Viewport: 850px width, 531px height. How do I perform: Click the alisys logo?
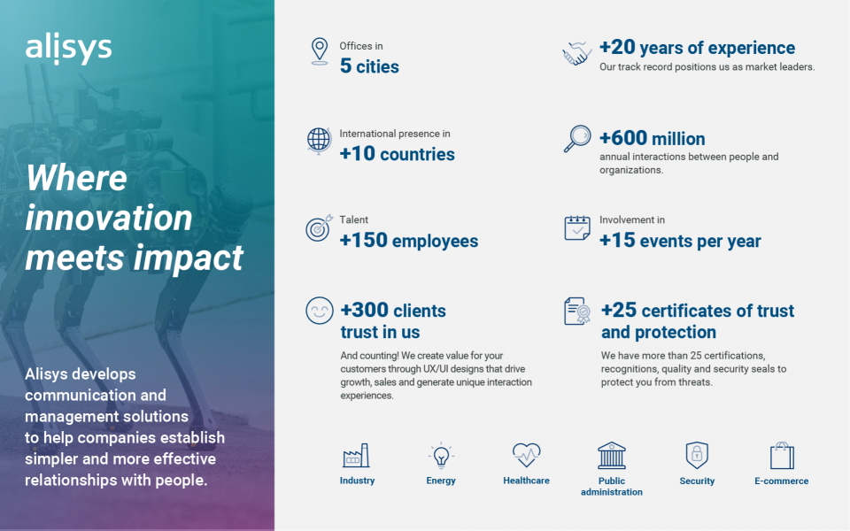[68, 50]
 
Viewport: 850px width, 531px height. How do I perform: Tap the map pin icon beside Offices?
[320, 51]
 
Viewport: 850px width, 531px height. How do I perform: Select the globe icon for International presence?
[319, 141]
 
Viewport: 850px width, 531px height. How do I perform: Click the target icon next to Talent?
[319, 227]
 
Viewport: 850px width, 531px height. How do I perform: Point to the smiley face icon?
[320, 311]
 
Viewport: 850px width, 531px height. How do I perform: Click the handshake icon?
[576, 53]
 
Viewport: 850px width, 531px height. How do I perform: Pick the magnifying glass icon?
[576, 139]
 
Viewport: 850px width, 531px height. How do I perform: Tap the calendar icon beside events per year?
[577, 227]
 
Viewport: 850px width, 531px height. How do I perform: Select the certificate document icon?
[576, 311]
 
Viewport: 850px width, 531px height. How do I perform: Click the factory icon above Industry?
[356, 455]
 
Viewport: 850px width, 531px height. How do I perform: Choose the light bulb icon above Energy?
[441, 455]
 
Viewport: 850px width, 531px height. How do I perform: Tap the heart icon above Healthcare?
[526, 455]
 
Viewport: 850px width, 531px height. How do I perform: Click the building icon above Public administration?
[612, 455]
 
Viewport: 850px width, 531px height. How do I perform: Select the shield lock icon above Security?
[697, 455]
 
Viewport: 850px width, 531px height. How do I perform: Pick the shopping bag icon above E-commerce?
[782, 455]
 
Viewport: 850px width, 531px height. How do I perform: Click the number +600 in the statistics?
[623, 138]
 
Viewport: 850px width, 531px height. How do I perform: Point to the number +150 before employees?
[364, 240]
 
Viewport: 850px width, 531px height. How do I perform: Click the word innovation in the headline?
[109, 218]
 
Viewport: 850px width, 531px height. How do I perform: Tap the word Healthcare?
[526, 481]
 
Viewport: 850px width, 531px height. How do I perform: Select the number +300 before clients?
[364, 310]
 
